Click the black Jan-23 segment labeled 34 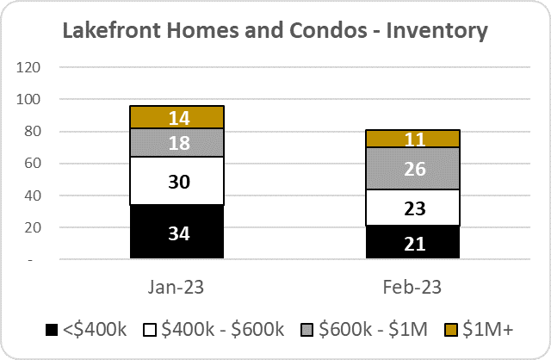pos(176,232)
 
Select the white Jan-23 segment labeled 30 pos(176,181)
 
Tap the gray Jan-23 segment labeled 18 pos(176,142)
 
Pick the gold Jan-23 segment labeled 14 pos(176,117)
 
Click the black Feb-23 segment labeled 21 pos(413,242)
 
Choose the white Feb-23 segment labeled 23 pos(413,208)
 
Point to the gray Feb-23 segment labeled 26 pos(413,169)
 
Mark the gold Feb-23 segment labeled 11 pos(413,139)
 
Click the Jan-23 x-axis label pos(176,288)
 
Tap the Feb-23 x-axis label pos(412,288)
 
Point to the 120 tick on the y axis pos(28,67)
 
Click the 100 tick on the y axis pos(28,99)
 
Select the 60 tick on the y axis pos(33,163)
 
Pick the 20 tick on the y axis pos(33,227)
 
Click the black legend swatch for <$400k pos(52,330)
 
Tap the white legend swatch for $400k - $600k pos(150,330)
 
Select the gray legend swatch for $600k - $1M pos(306,330)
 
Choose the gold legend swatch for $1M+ pos(451,330)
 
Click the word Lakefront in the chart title pos(112,30)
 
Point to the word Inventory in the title pos(436,31)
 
